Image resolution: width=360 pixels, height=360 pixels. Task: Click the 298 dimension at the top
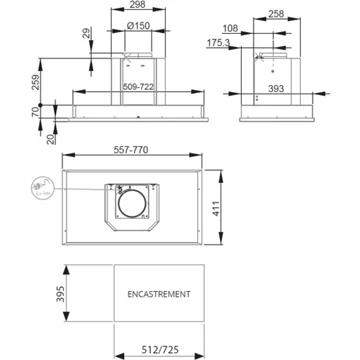138,4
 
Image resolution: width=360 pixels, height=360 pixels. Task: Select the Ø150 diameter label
138,26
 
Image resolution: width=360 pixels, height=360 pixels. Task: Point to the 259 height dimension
36,82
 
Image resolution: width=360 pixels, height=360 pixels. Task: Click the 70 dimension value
35,111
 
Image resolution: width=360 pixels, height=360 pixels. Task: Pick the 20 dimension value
51,139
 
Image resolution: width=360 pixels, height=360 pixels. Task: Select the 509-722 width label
138,87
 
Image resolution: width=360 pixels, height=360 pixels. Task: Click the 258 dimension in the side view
276,14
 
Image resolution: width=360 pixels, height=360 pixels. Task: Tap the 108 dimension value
230,29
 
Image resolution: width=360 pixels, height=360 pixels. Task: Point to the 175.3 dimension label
218,43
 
